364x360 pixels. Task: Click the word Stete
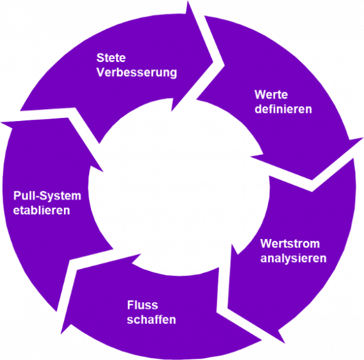click(x=111, y=58)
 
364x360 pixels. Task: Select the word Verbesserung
click(x=136, y=72)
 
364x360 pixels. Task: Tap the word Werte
click(x=271, y=95)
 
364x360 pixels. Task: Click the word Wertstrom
click(x=290, y=243)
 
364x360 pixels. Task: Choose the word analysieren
click(x=293, y=258)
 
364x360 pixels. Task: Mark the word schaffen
click(x=151, y=320)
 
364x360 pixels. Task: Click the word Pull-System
click(x=47, y=196)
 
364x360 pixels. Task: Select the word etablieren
click(x=41, y=210)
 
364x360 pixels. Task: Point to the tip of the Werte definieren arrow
click(x=312, y=188)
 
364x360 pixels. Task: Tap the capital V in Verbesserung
click(x=100, y=72)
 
